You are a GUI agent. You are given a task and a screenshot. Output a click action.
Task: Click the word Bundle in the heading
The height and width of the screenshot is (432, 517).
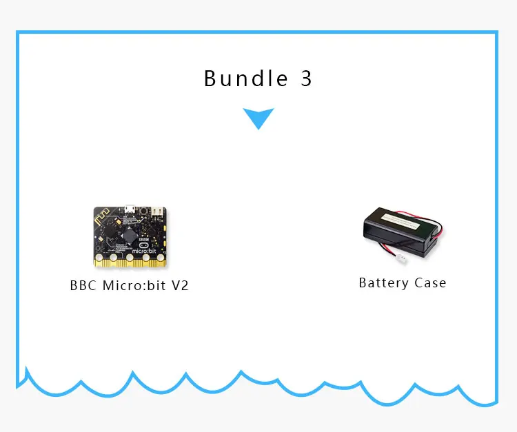point(245,79)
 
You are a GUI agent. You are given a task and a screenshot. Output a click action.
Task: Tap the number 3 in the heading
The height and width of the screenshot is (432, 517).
point(307,79)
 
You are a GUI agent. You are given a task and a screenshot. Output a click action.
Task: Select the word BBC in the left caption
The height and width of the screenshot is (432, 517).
point(84,285)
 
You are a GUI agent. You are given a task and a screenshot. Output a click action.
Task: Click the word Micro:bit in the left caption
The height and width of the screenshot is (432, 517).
point(134,285)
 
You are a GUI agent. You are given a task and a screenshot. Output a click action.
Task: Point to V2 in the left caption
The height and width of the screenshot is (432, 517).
point(179,285)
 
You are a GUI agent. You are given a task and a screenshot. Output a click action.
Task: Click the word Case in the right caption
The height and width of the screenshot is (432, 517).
point(431,283)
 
